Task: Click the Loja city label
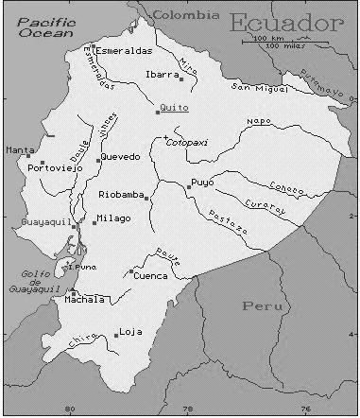point(130,332)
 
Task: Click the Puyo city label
point(201,182)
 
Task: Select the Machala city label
point(88,301)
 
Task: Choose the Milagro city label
point(113,219)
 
